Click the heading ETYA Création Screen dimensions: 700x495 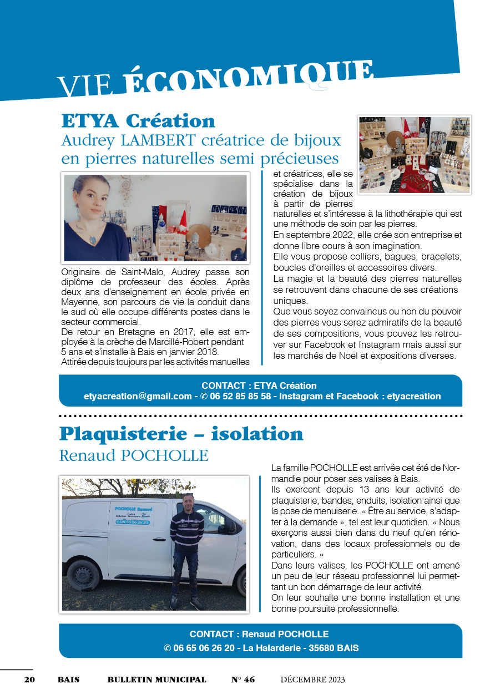138,120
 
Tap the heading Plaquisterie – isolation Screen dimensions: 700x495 181,433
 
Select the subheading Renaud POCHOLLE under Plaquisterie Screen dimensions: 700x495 133,455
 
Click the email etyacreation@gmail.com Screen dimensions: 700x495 138,396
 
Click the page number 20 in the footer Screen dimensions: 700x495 29,679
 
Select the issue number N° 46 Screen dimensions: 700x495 243,679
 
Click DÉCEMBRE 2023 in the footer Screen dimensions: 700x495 312,679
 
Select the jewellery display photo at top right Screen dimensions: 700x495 414,155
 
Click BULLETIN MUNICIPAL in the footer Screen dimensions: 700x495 156,679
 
